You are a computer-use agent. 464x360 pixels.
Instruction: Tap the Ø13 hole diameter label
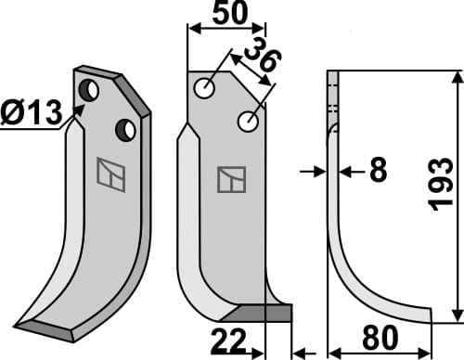click(x=32, y=114)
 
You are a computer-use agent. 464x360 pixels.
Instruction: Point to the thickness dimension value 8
click(x=377, y=172)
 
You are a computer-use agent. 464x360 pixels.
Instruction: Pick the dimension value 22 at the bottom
click(x=227, y=342)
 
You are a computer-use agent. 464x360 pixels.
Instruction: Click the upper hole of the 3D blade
click(x=91, y=91)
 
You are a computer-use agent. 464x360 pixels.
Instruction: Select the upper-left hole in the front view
click(x=205, y=88)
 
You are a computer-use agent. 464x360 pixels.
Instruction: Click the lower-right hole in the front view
click(x=248, y=121)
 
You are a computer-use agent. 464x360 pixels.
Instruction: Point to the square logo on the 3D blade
click(x=110, y=173)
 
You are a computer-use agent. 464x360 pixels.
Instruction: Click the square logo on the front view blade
click(x=231, y=178)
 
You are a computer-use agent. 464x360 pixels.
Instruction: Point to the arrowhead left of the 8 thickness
click(x=317, y=171)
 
